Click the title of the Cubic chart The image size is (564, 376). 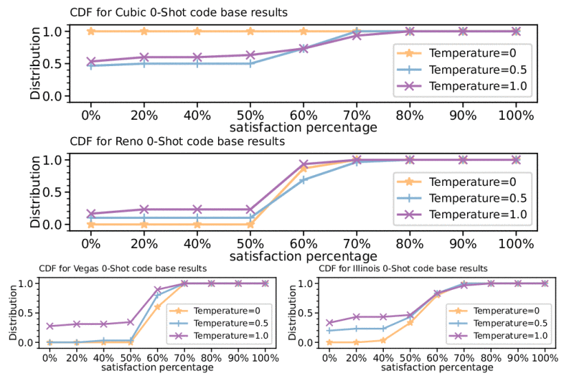pos(179,12)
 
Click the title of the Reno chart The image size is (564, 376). pos(177,141)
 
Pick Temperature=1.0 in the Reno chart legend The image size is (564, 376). pos(475,215)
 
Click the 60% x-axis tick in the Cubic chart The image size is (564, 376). pos(303,115)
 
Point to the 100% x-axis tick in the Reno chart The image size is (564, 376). pos(516,243)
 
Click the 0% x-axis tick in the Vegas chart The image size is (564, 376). pos(49,358)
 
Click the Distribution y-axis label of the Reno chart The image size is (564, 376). pos(35,192)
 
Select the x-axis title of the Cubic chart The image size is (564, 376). pos(303,127)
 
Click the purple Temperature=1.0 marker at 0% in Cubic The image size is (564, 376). pos(89,62)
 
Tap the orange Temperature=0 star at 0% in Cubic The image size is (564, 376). pos(89,31)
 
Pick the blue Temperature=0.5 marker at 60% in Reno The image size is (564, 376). pos(303,180)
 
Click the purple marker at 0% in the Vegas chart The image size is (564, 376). pos(49,326)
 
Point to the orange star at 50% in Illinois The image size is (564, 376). pos(411,322)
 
